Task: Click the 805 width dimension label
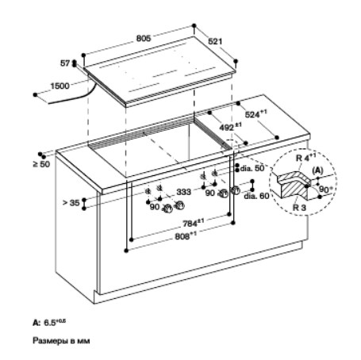(x=144, y=38)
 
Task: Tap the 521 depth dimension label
(x=215, y=41)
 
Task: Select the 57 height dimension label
(x=65, y=63)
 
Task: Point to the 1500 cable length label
(x=60, y=86)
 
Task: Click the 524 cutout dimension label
(x=256, y=114)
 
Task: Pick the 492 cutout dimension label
(x=230, y=127)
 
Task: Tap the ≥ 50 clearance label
(x=41, y=164)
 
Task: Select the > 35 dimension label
(x=71, y=203)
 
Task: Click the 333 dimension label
(x=183, y=192)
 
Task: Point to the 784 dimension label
(x=194, y=223)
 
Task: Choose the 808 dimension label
(x=186, y=236)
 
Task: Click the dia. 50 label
(x=252, y=168)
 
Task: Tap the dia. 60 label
(x=256, y=196)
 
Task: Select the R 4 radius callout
(x=306, y=158)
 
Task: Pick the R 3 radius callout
(x=299, y=208)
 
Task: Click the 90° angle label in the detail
(x=325, y=190)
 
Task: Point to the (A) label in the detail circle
(x=317, y=170)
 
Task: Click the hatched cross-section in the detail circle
(x=292, y=185)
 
